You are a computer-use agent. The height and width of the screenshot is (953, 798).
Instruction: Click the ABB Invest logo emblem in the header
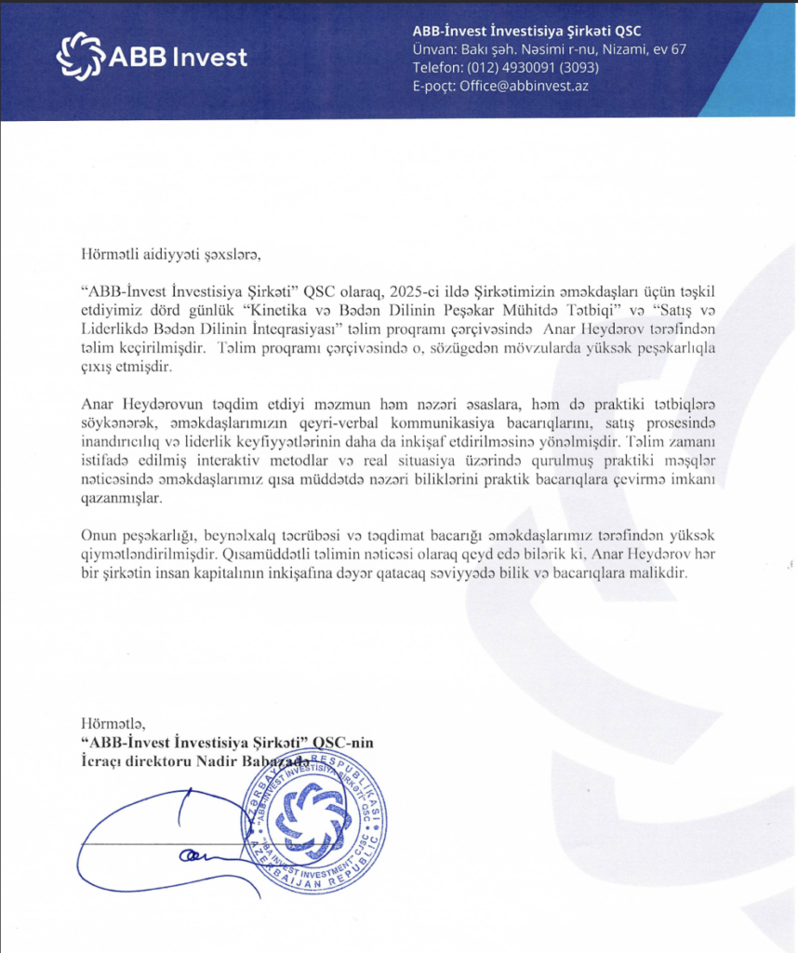click(81, 56)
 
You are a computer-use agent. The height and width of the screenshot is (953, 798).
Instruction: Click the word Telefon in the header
click(437, 67)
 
